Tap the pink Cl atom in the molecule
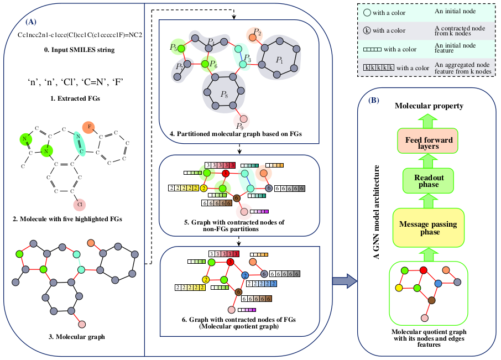[x=80, y=205]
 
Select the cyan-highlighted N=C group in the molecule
[x=80, y=143]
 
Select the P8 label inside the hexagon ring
[x=224, y=95]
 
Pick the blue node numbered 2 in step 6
[x=245, y=274]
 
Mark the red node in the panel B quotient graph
[x=424, y=270]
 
